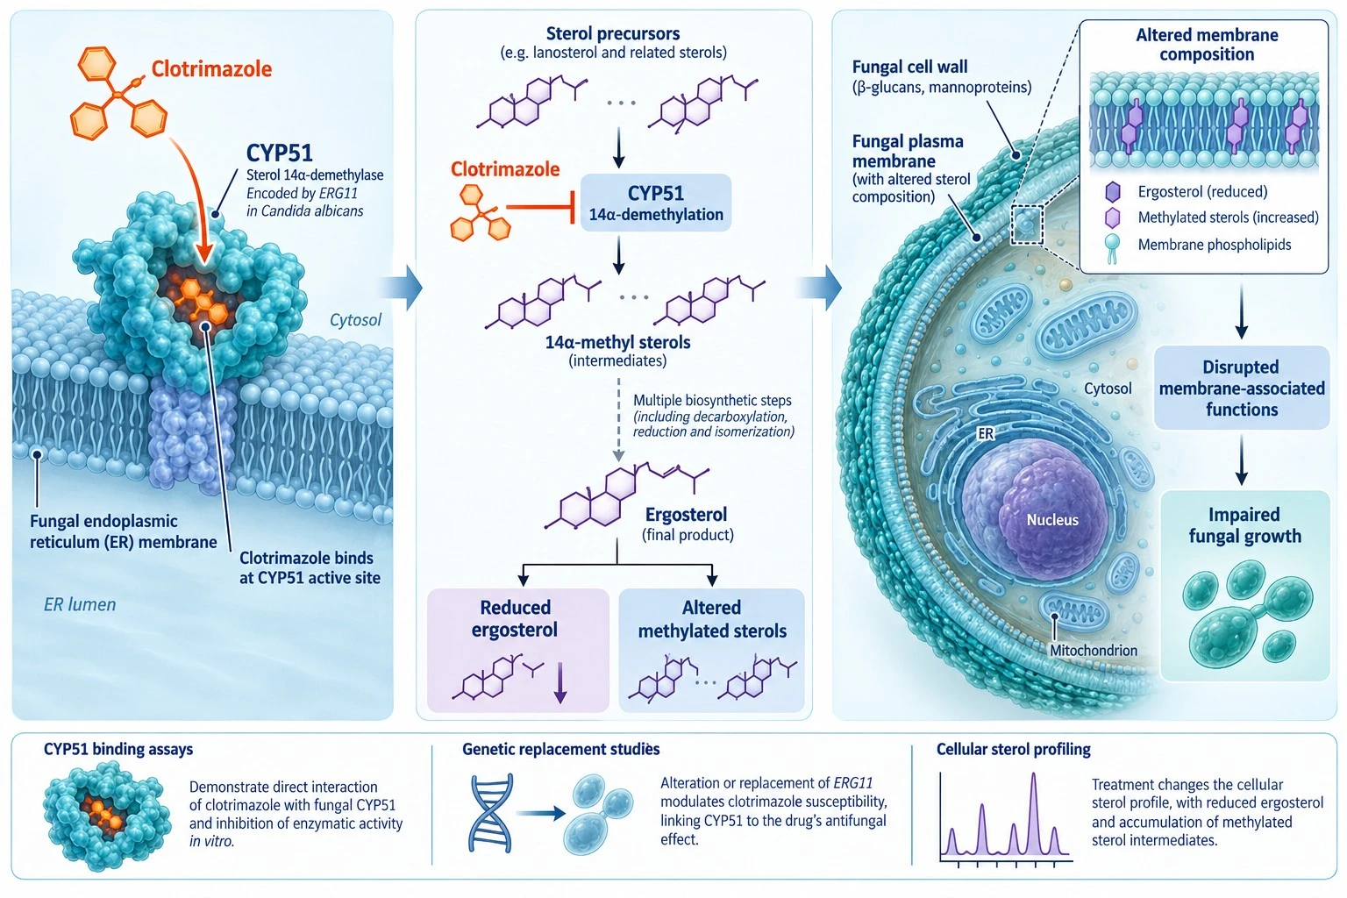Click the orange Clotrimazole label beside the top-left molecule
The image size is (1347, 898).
pyautogui.click(x=211, y=69)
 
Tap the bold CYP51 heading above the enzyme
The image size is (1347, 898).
pyautogui.click(x=280, y=153)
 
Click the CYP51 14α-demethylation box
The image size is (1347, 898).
pyautogui.click(x=655, y=203)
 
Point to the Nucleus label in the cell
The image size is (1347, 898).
pyautogui.click(x=1052, y=520)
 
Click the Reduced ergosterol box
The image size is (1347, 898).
pyautogui.click(x=517, y=650)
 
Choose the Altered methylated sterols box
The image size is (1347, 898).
pyautogui.click(x=711, y=650)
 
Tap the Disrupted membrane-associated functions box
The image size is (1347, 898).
pyautogui.click(x=1242, y=388)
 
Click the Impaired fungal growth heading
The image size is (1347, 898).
pyautogui.click(x=1244, y=525)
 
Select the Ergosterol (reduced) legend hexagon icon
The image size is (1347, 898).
pyautogui.click(x=1113, y=192)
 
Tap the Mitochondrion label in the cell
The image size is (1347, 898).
pyautogui.click(x=1094, y=650)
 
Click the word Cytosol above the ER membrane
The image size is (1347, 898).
pyautogui.click(x=355, y=320)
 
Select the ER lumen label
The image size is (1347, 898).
pyautogui.click(x=80, y=604)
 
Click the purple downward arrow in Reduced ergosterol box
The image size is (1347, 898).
pyautogui.click(x=559, y=682)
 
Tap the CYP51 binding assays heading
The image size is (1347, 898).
pyautogui.click(x=118, y=750)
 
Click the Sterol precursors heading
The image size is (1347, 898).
pyautogui.click(x=613, y=33)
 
